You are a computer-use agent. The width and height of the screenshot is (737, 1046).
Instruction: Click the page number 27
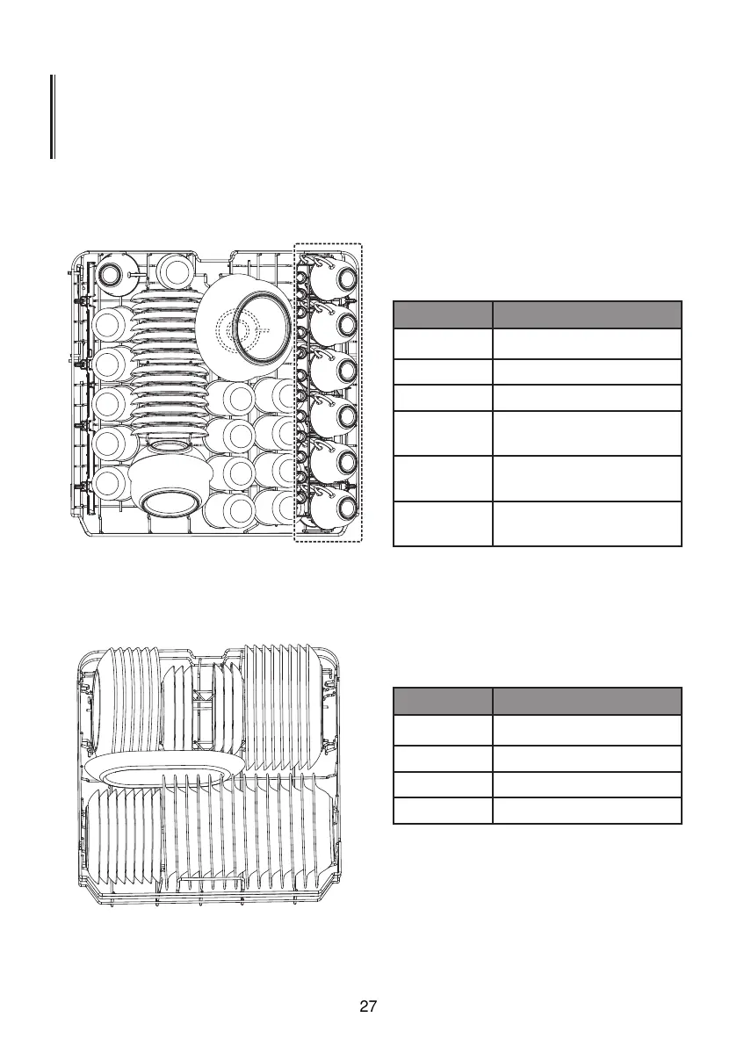click(368, 1006)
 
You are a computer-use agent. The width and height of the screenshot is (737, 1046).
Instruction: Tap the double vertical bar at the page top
click(53, 117)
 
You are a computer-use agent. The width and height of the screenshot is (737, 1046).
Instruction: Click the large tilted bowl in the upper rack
click(246, 326)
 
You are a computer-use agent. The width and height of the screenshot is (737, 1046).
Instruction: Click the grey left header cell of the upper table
click(442, 314)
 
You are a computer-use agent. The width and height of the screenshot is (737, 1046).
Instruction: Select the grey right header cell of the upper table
click(587, 314)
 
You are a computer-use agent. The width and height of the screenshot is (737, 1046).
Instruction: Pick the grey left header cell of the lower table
click(442, 701)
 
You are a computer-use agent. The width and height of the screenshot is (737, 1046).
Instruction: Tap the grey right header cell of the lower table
click(587, 701)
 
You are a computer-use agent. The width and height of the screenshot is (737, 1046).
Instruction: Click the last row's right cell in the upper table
click(587, 524)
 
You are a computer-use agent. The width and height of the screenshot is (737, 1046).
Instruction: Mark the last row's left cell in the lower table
click(442, 811)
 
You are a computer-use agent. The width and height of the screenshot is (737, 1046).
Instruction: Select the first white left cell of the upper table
click(442, 343)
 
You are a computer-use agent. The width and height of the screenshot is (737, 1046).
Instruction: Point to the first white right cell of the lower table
click(587, 730)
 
